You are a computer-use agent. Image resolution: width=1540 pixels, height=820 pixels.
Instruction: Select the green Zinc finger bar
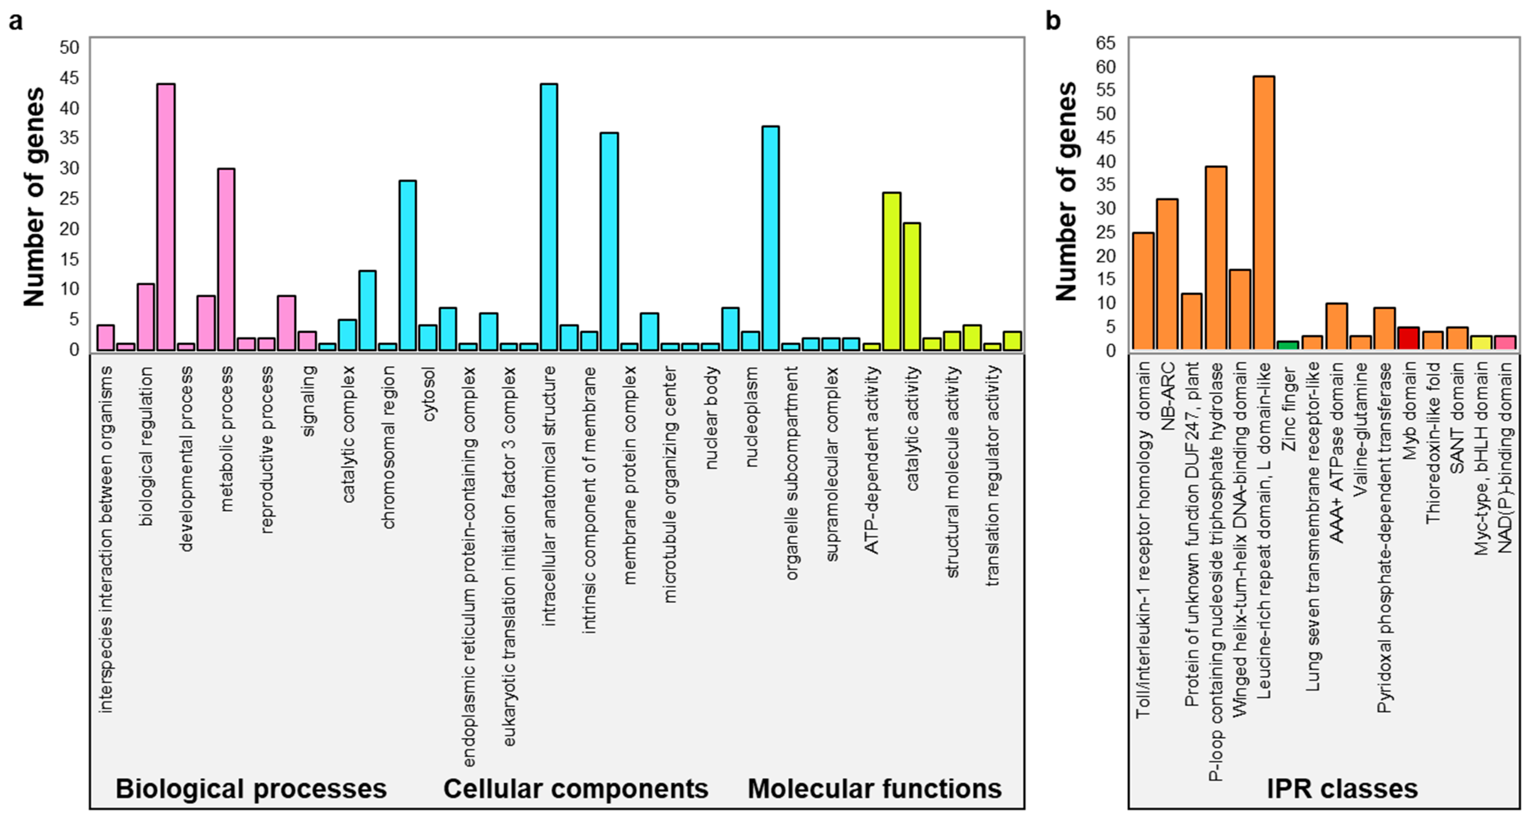1288,345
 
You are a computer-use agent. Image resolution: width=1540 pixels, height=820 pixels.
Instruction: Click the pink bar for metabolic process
226,259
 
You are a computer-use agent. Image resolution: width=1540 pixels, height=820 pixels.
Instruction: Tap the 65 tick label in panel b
1105,43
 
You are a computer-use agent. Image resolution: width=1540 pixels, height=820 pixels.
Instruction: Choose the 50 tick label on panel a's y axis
70,47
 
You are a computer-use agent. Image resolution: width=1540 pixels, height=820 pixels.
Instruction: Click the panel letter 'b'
1053,21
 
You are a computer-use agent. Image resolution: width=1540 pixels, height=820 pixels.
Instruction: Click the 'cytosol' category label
429,394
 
